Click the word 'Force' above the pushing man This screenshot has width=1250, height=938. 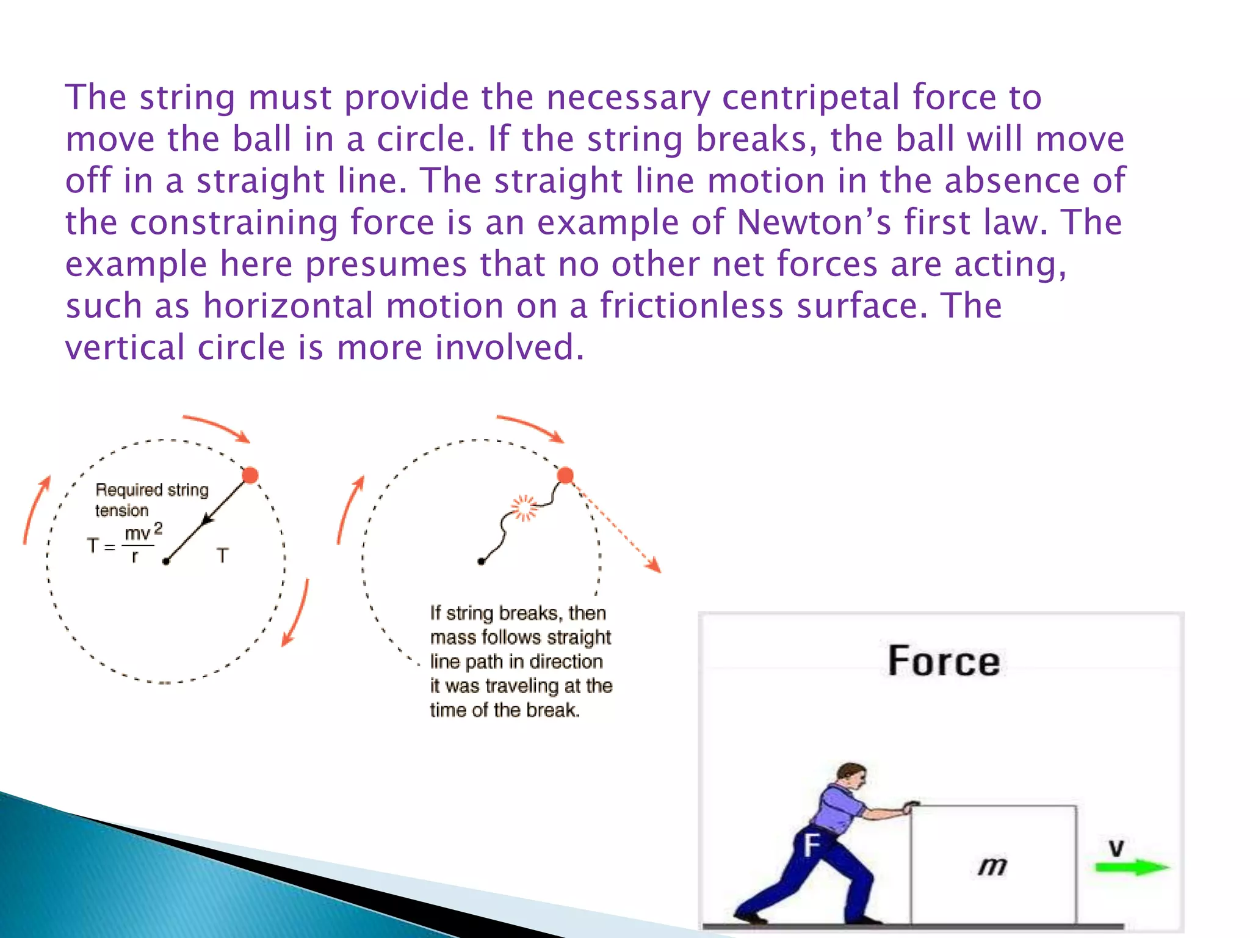(x=944, y=661)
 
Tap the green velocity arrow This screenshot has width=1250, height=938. (x=1132, y=867)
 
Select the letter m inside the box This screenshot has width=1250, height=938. (x=992, y=866)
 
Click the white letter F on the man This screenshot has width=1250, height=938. (x=811, y=846)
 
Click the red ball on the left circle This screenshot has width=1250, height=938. (x=250, y=475)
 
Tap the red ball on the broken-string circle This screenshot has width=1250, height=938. (x=566, y=475)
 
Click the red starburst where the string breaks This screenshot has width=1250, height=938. (x=524, y=507)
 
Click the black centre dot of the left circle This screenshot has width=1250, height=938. (x=166, y=561)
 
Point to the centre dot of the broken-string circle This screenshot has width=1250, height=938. (x=481, y=561)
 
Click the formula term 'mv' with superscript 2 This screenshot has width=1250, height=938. (x=143, y=533)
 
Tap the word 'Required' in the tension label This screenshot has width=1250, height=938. (x=129, y=490)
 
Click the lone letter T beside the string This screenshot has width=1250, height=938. (x=223, y=556)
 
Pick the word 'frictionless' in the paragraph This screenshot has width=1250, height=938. (x=691, y=305)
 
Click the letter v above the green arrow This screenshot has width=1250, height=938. (x=1116, y=847)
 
